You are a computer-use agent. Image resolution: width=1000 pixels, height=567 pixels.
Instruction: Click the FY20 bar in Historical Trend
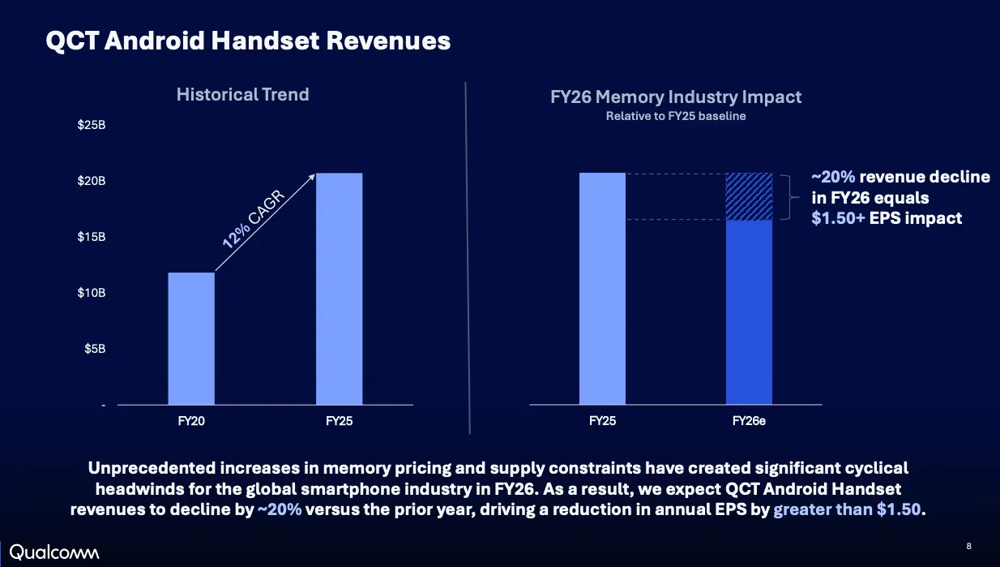pos(191,338)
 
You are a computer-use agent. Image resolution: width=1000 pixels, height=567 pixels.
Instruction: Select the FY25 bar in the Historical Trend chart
pos(340,289)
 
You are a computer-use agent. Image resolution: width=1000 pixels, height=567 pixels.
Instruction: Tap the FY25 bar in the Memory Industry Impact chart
pos(602,289)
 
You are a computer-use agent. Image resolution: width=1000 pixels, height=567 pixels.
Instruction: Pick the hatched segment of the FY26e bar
pos(749,196)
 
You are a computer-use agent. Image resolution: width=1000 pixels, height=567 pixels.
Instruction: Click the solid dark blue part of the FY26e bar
pos(749,312)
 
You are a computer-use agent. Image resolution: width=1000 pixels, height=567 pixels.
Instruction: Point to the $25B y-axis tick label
pos(92,125)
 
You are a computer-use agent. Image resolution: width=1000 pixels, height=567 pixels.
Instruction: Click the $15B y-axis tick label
pos(92,237)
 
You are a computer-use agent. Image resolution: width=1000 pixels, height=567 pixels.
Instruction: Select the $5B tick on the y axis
pos(95,349)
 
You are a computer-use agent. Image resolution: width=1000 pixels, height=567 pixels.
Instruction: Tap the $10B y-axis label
pos(92,293)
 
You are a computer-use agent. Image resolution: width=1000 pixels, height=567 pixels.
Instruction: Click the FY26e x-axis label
pos(749,421)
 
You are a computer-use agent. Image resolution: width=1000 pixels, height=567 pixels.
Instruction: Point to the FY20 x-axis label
pos(191,421)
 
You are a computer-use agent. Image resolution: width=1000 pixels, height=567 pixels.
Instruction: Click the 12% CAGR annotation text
pos(253,219)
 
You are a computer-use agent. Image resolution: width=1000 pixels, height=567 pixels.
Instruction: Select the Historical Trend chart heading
pos(243,94)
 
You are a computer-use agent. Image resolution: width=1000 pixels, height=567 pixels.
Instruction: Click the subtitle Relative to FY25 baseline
pos(676,116)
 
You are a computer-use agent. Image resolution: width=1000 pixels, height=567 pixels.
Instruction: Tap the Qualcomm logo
pos(54,552)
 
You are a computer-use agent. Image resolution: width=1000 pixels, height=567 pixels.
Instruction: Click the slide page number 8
pos(968,546)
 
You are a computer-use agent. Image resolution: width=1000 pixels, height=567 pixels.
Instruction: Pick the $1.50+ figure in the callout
pos(838,218)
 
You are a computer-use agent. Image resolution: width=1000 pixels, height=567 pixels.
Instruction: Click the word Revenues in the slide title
pos(388,41)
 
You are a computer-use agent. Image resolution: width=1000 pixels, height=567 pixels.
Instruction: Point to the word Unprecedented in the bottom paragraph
pos(152,468)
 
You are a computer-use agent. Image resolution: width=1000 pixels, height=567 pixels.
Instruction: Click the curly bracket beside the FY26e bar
pos(789,197)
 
